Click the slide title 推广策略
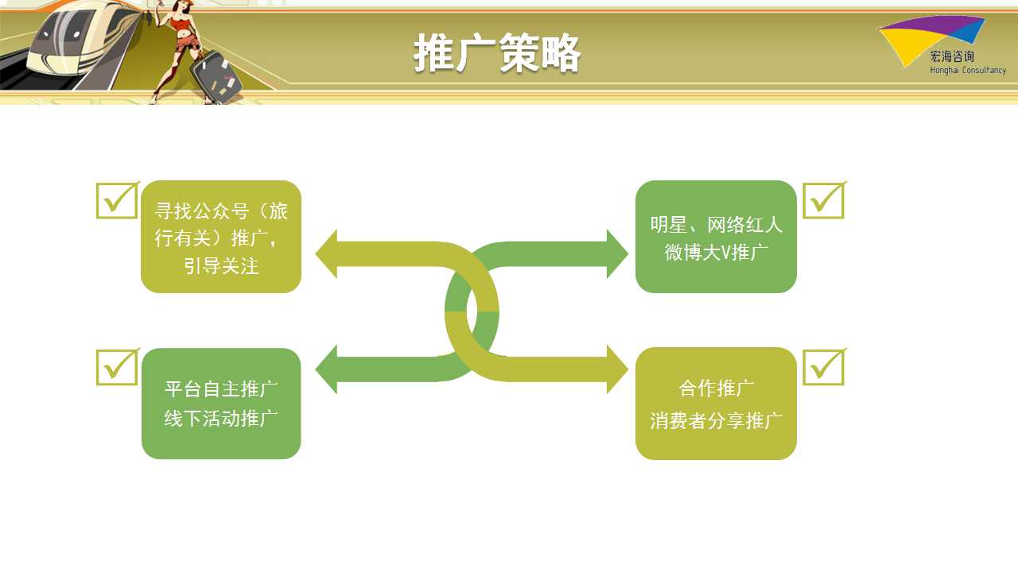click(x=497, y=52)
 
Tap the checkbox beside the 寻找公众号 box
click(x=117, y=200)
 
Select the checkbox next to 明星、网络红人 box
click(x=825, y=200)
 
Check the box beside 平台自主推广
click(x=117, y=367)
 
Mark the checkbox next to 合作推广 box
click(x=825, y=367)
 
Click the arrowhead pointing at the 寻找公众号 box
click(x=327, y=253)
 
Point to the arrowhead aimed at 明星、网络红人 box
click(x=618, y=253)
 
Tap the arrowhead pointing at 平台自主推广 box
click(x=327, y=369)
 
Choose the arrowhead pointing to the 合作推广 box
click(x=618, y=369)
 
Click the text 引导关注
click(x=221, y=265)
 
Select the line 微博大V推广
click(x=717, y=253)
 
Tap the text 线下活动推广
click(x=221, y=418)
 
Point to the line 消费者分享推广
click(x=717, y=420)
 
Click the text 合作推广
click(x=717, y=388)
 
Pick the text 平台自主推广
click(x=221, y=388)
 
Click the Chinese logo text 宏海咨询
click(x=952, y=56)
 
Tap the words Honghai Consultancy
click(x=968, y=71)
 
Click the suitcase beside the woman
click(x=215, y=77)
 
